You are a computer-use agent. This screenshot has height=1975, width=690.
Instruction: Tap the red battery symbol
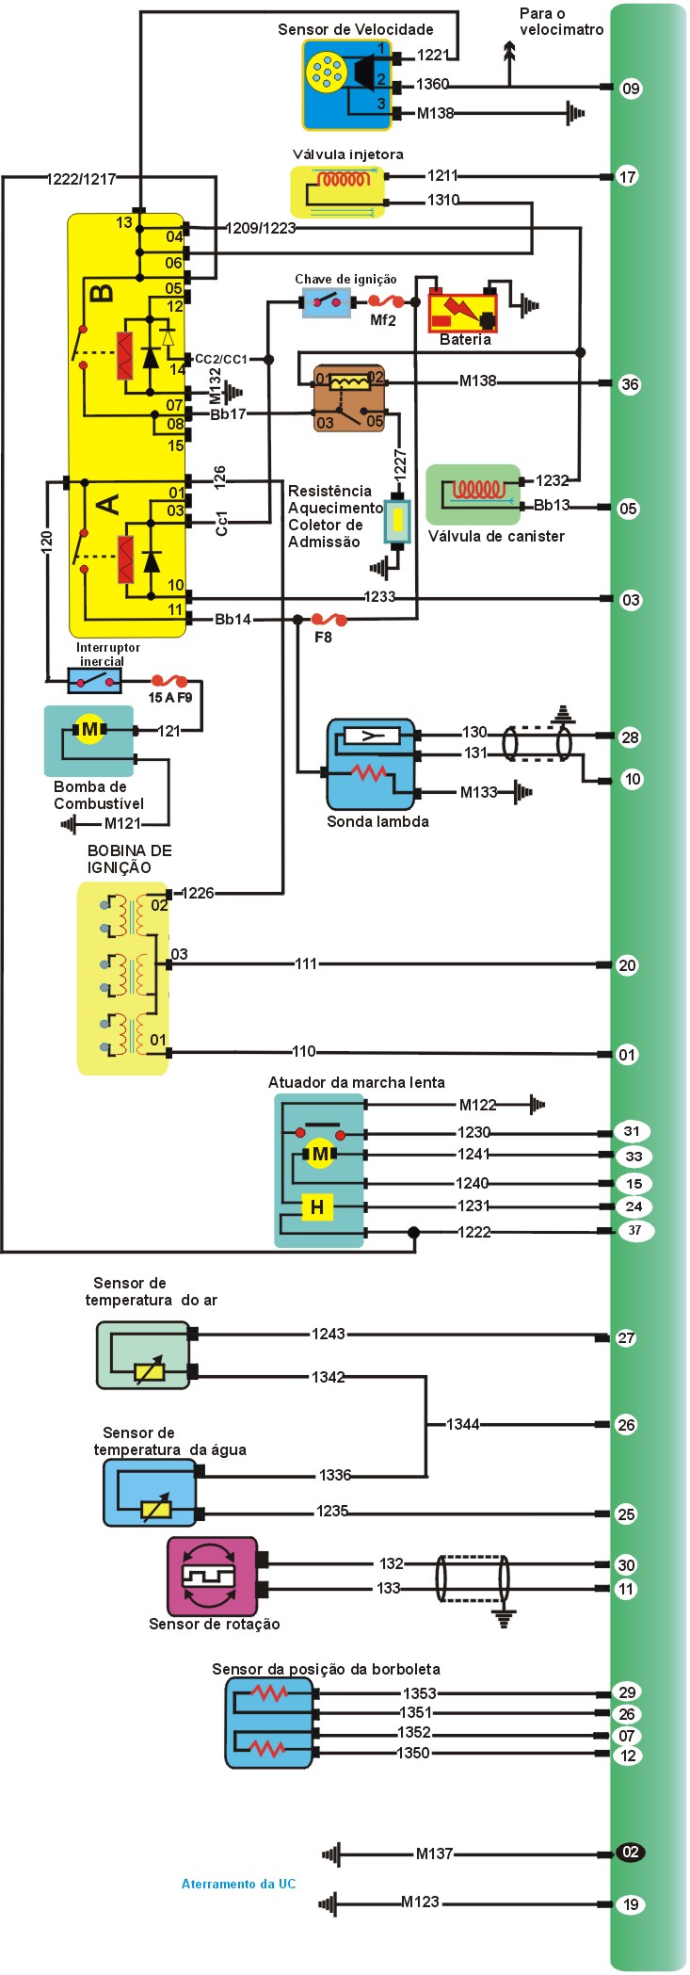pos(462,311)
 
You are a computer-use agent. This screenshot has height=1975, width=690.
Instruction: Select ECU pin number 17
pos(627,176)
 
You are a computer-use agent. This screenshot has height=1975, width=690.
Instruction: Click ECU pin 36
pos(630,384)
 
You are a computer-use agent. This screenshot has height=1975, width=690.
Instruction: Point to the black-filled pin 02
pos(631,1852)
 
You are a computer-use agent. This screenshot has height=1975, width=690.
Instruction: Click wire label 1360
pos(432,85)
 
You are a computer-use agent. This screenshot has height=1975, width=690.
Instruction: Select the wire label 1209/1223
pos(261,228)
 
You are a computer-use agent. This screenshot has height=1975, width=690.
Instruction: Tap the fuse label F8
pos(323,637)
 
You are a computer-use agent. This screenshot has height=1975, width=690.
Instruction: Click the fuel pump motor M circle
pos(89,730)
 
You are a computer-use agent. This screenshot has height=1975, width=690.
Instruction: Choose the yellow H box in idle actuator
pos(317,1206)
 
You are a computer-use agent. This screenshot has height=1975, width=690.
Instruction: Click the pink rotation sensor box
pos(212,1576)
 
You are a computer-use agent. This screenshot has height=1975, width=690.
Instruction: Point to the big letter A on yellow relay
pos(109,505)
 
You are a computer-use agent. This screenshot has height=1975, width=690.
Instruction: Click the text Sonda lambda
pos(377,821)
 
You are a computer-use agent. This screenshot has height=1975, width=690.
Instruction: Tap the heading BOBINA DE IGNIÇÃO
pos(129,859)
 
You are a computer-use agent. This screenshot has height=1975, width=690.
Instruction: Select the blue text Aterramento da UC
pos(238,1884)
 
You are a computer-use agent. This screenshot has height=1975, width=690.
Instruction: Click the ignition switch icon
pos(327,302)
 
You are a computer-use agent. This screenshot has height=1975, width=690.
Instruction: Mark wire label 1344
pos(462,1425)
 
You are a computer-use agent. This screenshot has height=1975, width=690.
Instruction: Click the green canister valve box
pos(473,494)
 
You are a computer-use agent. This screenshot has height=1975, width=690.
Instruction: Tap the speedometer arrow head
pos(510,52)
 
